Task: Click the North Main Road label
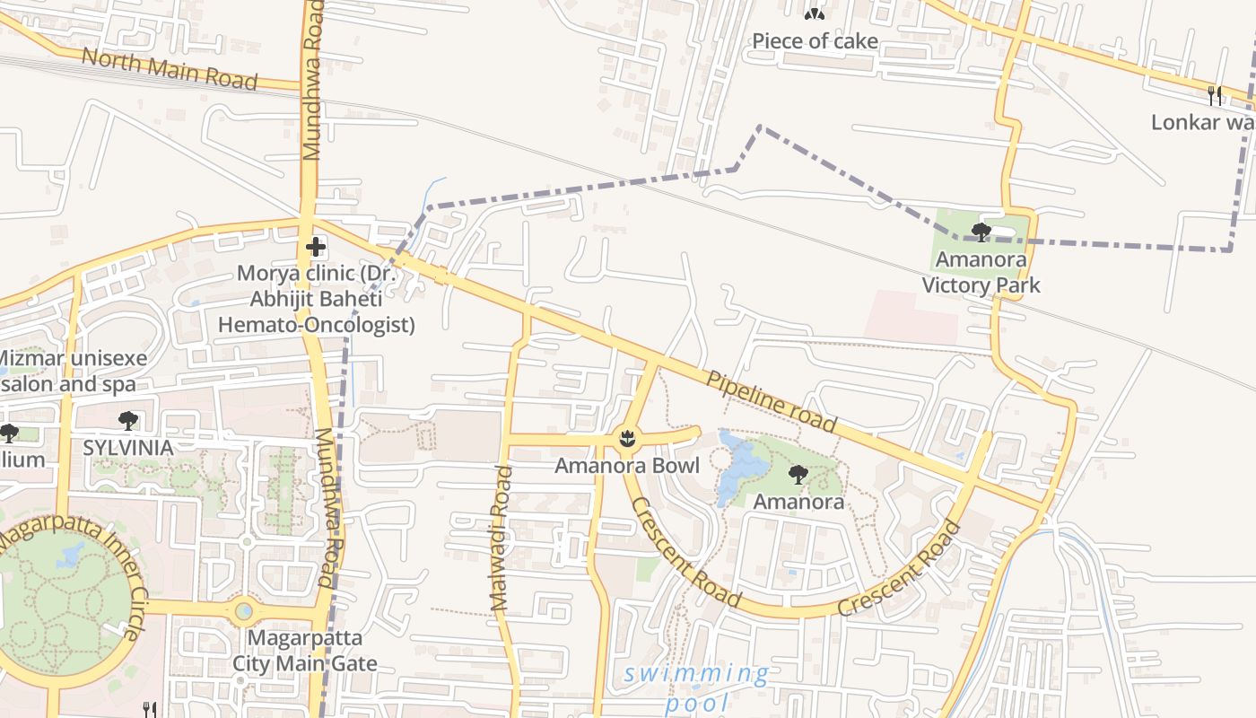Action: coord(169,69)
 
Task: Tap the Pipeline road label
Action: coord(772,401)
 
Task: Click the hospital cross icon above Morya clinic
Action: coord(315,246)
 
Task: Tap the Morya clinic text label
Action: coord(317,298)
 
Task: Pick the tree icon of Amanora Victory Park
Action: coord(981,232)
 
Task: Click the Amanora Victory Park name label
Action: coord(981,273)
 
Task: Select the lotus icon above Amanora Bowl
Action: coord(626,439)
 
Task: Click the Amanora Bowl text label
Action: coord(626,466)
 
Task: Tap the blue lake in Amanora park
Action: coord(741,467)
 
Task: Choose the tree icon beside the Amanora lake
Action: coord(798,475)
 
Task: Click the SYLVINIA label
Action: coord(128,447)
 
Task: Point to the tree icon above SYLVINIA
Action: coord(128,420)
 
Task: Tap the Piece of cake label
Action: coord(815,41)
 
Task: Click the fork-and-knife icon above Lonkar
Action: coord(1215,94)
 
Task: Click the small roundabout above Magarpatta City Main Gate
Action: coord(244,611)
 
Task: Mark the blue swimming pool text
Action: coord(696,687)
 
